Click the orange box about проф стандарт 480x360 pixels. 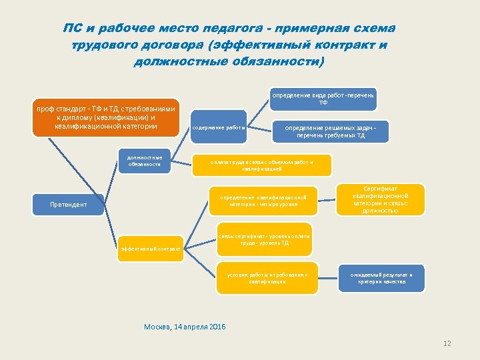point(107,118)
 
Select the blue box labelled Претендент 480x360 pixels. point(69,205)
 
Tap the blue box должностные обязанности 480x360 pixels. point(145,161)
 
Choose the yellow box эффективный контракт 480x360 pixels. point(150,249)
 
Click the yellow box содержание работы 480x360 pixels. point(219,127)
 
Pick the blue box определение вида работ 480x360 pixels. point(323,99)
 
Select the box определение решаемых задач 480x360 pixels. point(331,131)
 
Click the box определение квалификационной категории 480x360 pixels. point(263,201)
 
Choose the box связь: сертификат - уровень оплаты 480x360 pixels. point(264,239)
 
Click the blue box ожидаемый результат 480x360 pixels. point(382,278)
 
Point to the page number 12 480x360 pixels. point(447,343)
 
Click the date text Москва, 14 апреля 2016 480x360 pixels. point(185,327)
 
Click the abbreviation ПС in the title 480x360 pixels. point(73,29)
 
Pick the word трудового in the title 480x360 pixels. point(103,45)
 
